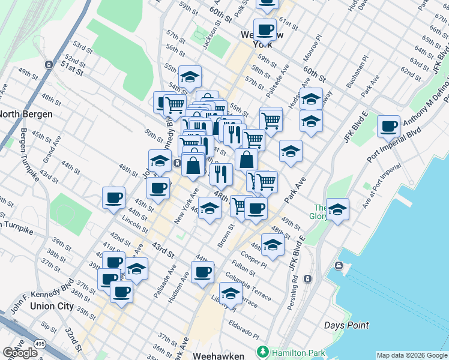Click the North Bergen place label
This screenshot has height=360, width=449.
pos(26,114)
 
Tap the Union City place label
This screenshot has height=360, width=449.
pos(49,306)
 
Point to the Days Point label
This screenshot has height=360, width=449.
pos(346,326)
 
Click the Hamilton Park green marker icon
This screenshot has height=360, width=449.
pos(262,351)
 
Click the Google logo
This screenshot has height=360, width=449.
pos(20,353)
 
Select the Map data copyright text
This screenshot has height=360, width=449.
pos(412,355)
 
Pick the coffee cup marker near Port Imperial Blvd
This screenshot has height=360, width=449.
pos(389,127)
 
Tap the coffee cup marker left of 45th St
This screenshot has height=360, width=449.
pos(113,198)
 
